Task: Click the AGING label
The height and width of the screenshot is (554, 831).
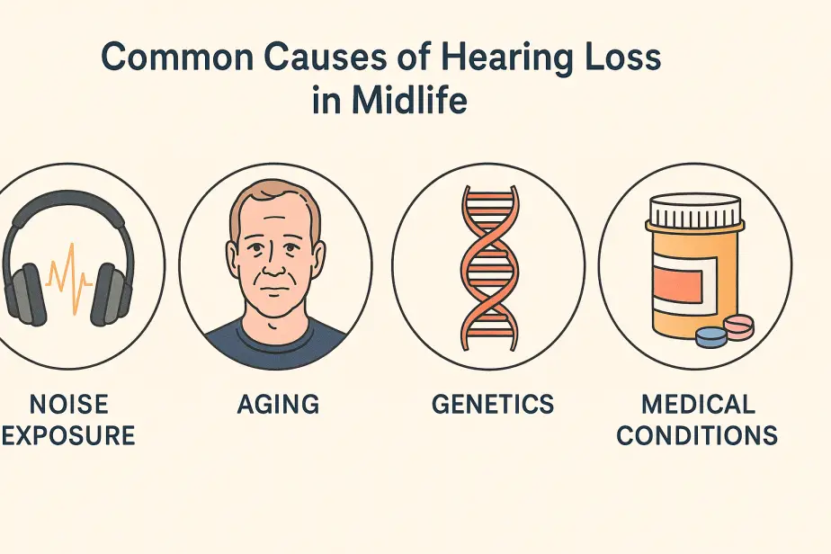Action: click(278, 404)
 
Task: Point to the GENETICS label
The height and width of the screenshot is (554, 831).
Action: click(493, 404)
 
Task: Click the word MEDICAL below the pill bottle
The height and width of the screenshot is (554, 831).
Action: click(698, 404)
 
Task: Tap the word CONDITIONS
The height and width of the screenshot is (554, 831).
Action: click(697, 435)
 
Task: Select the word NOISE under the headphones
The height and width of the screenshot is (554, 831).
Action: click(69, 404)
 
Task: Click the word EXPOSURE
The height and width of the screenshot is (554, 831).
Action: click(67, 435)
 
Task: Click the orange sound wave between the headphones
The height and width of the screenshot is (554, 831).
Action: click(69, 278)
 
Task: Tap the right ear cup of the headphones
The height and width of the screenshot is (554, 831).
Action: click(111, 294)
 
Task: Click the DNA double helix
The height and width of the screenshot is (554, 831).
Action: click(488, 268)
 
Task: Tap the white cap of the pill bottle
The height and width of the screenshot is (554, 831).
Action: click(695, 210)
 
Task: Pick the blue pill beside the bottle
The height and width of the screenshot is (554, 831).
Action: click(711, 336)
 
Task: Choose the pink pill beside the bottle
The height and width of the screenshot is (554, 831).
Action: click(738, 324)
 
